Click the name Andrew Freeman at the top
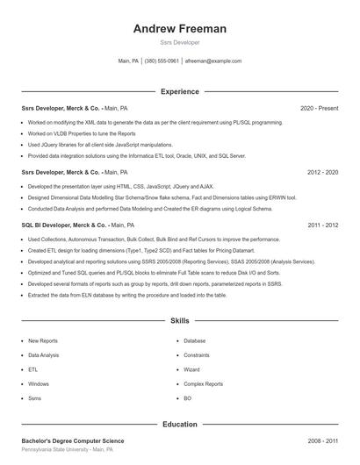click(180, 29)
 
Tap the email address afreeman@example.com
click(213, 61)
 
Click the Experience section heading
click(180, 91)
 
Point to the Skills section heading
click(180, 322)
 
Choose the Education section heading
click(180, 425)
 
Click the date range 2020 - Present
click(319, 108)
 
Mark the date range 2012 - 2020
click(322, 173)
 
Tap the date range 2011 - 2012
click(322, 225)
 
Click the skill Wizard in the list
click(192, 369)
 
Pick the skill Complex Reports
click(204, 383)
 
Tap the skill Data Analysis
click(44, 355)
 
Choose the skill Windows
click(39, 383)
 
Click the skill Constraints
click(197, 355)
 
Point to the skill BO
click(187, 398)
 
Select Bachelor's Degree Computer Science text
click(73, 440)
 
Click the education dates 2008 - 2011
click(322, 440)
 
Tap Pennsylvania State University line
click(67, 449)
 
